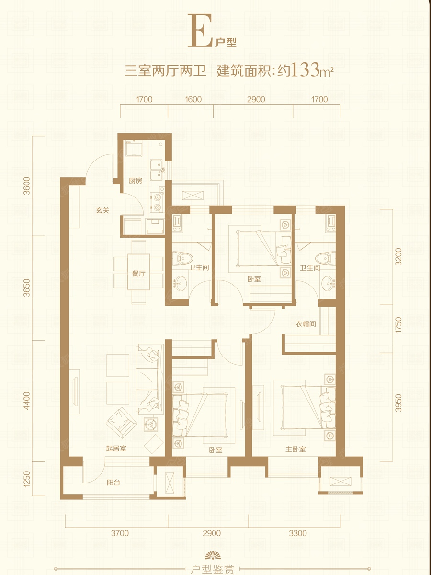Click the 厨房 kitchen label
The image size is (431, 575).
tap(136, 181)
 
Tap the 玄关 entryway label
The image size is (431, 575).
tap(102, 210)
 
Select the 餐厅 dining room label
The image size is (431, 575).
tap(138, 274)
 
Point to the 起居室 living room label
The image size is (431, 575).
tap(116, 448)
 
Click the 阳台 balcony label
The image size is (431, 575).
tap(113, 482)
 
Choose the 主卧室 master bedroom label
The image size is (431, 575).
tap(295, 449)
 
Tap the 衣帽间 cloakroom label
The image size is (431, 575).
tap(306, 324)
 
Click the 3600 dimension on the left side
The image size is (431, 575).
tap(27, 186)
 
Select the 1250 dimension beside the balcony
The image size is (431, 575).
tap(27, 479)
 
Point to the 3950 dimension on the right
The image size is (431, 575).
tap(398, 402)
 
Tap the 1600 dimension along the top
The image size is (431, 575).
tap(193, 99)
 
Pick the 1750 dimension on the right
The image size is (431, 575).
tap(398, 325)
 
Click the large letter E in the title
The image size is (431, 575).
tap(200, 31)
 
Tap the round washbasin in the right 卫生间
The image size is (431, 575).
tap(329, 283)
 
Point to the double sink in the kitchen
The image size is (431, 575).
tap(158, 170)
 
